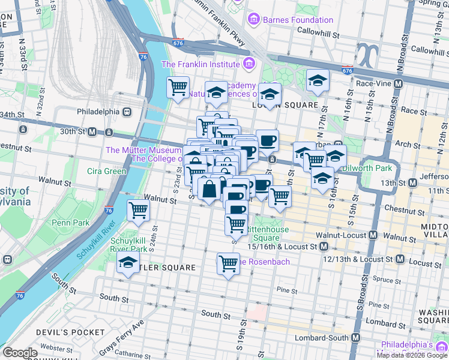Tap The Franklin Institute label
(201, 64)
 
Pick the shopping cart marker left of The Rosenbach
(228, 263)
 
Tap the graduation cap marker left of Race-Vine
(318, 80)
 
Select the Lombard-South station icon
(356, 337)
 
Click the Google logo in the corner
(19, 353)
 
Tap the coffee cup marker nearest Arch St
(268, 140)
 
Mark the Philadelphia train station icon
(127, 112)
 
